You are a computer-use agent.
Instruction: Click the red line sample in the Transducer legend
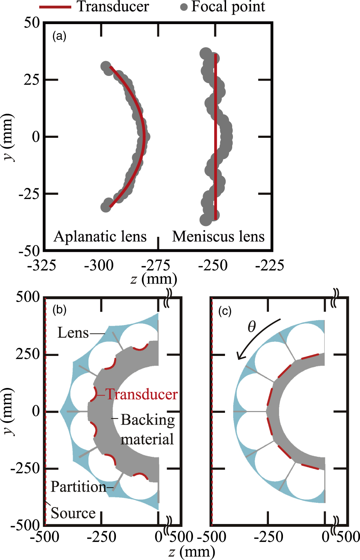[x=55, y=7]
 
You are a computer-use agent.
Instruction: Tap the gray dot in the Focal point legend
[x=184, y=7]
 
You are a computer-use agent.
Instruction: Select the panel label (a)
[x=59, y=36]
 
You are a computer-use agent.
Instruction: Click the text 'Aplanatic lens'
[x=100, y=237]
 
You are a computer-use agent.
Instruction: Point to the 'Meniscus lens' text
[x=218, y=237]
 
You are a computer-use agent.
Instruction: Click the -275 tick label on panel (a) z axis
[x=156, y=266]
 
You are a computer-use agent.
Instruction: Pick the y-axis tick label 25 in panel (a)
[x=32, y=80]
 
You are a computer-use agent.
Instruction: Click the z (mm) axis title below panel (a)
[x=154, y=279]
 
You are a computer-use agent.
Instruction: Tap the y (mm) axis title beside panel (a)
[x=8, y=137]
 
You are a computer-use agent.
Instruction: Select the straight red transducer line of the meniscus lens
[x=215, y=137]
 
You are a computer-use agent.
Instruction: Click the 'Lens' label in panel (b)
[x=73, y=333]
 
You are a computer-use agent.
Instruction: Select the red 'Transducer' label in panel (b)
[x=141, y=394]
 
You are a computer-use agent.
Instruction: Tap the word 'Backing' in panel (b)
[x=148, y=420]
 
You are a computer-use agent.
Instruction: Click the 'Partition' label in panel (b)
[x=78, y=487]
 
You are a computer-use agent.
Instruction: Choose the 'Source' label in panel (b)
[x=73, y=513]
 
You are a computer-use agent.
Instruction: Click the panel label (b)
[x=59, y=310]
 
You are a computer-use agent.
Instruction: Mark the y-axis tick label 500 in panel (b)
[x=28, y=297]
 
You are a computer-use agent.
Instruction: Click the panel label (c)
[x=225, y=311]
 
